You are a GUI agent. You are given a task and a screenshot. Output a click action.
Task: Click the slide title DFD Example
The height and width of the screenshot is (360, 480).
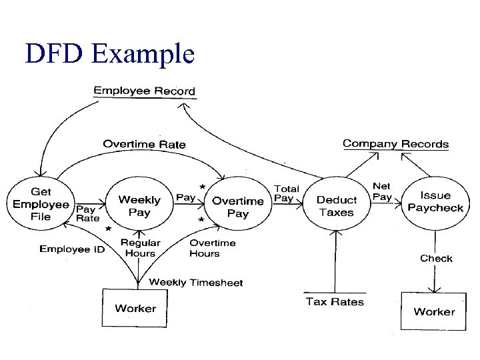click(109, 53)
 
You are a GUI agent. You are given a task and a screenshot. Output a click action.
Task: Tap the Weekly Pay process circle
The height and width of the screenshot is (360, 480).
click(139, 206)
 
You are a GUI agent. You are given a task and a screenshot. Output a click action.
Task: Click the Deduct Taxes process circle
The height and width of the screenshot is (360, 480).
click(336, 206)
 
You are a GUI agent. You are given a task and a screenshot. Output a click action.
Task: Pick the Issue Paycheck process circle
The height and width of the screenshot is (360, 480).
click(435, 201)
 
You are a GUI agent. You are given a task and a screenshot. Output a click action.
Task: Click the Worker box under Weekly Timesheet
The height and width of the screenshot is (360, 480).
click(135, 308)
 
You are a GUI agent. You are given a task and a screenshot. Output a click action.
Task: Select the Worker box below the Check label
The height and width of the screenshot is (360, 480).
click(434, 311)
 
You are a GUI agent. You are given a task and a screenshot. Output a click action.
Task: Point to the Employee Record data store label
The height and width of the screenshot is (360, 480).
click(144, 91)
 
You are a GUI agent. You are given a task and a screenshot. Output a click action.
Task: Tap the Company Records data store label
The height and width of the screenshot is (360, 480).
click(395, 143)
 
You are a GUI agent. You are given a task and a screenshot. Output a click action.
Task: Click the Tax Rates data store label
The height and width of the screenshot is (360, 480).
click(335, 301)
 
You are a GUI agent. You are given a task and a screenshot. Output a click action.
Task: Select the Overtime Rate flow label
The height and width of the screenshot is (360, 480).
click(144, 144)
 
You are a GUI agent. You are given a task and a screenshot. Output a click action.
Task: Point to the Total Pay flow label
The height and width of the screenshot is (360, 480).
click(287, 193)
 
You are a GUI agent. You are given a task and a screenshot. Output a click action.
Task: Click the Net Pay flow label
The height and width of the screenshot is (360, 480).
click(382, 191)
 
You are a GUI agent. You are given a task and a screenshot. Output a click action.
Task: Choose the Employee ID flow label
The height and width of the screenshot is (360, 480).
click(72, 249)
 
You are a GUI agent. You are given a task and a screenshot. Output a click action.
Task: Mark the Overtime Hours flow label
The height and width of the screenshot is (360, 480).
click(212, 248)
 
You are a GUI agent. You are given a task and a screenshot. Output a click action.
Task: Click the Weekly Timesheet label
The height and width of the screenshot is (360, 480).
click(195, 282)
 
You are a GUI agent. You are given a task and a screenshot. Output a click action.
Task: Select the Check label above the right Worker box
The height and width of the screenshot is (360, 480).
click(436, 258)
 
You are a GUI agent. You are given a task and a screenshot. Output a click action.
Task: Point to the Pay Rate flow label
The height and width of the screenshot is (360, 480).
click(87, 213)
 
